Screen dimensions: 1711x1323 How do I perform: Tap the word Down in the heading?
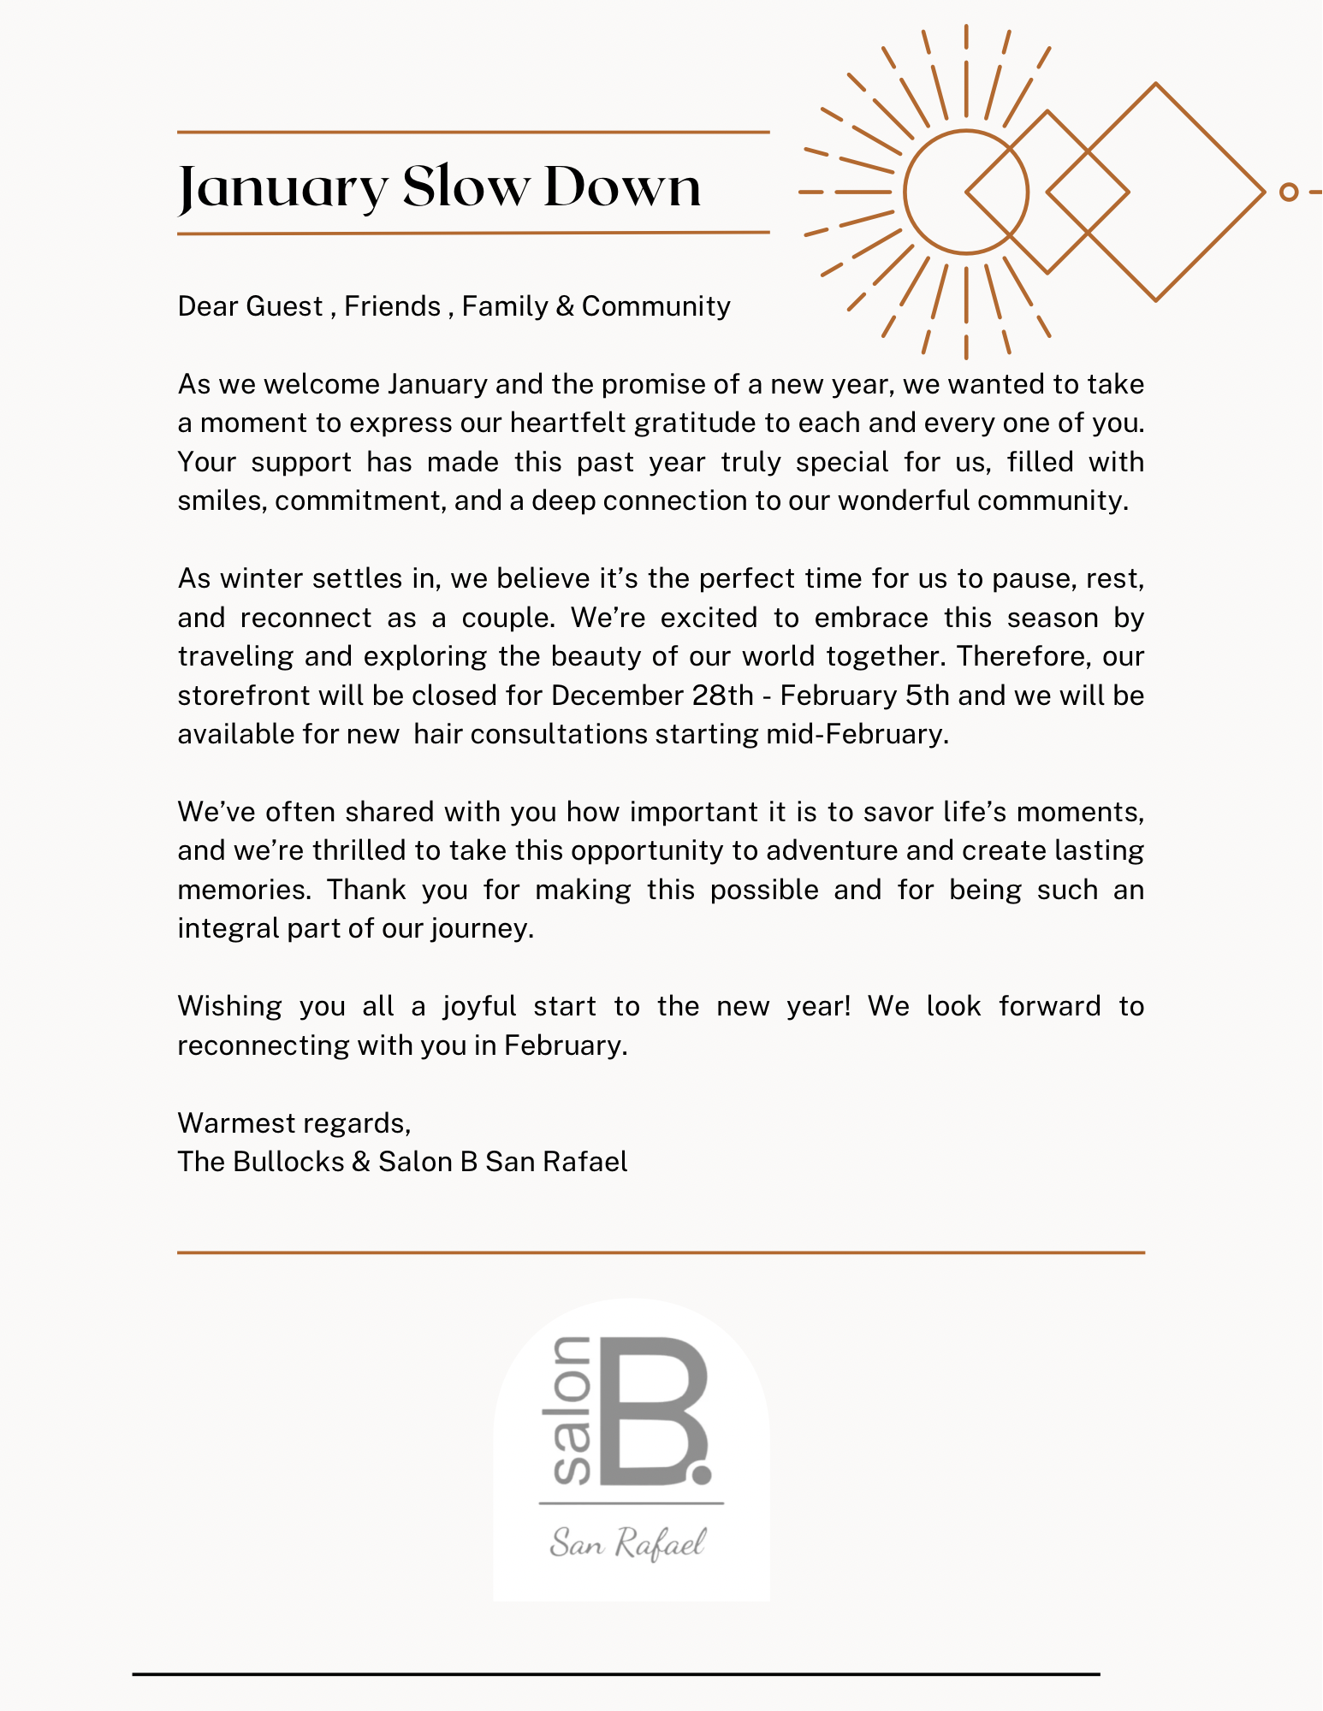(x=622, y=186)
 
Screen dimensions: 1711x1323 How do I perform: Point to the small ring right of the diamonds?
(x=1289, y=192)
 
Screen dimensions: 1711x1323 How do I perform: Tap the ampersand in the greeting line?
(x=564, y=306)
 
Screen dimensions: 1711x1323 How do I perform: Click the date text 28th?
(x=722, y=695)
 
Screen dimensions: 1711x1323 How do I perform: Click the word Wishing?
(x=229, y=1006)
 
